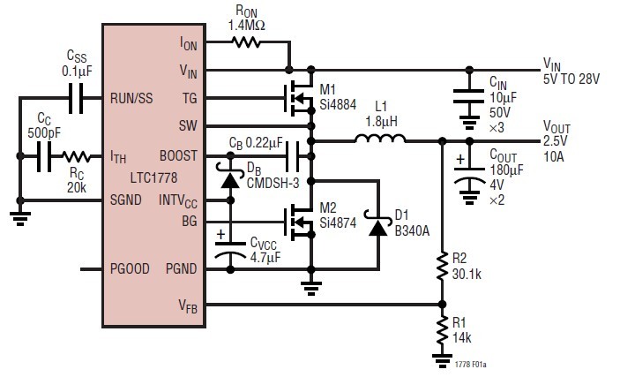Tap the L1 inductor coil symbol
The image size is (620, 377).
click(x=380, y=139)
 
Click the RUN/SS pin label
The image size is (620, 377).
click(x=132, y=97)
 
